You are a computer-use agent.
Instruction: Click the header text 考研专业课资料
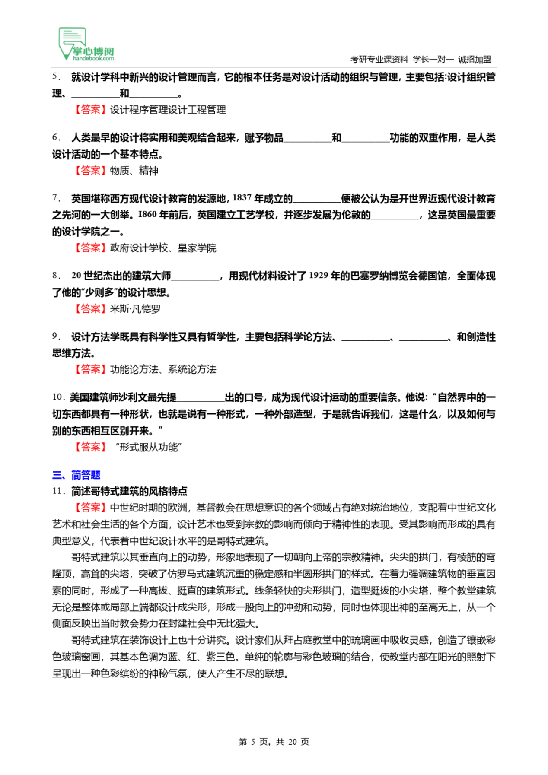click(x=379, y=59)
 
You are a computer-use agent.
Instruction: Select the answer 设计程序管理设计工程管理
click(x=168, y=110)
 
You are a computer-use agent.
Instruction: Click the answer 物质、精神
click(x=134, y=171)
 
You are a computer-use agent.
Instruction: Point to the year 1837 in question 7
click(x=242, y=198)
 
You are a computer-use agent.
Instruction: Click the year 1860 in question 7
click(x=147, y=214)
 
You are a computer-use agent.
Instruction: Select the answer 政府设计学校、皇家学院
click(x=163, y=248)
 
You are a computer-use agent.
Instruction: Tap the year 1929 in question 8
click(x=319, y=275)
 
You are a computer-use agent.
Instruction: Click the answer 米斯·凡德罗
click(x=135, y=309)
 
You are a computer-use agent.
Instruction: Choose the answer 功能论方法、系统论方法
click(x=163, y=369)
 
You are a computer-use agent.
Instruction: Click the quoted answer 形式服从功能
click(x=149, y=447)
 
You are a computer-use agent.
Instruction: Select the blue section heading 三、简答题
click(x=76, y=475)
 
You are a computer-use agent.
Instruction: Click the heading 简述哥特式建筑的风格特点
click(x=129, y=491)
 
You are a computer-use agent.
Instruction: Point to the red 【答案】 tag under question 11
click(x=90, y=508)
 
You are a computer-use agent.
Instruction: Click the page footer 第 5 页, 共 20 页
click(x=274, y=742)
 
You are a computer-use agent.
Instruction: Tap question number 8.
click(x=56, y=275)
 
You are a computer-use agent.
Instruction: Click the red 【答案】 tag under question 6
click(x=90, y=171)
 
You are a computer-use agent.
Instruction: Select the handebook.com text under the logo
click(x=93, y=59)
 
